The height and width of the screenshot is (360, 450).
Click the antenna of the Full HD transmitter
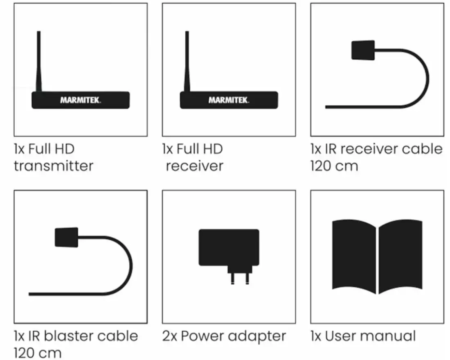tap(38, 61)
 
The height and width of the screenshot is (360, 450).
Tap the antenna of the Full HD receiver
tap(187, 61)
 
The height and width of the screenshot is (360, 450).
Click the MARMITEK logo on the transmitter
tap(80, 100)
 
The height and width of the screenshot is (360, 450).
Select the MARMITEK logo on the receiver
tap(229, 100)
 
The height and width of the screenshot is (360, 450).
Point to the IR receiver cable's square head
tap(363, 50)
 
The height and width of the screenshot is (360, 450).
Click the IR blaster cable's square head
tap(66, 237)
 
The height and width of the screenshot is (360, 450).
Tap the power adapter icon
tap(229, 248)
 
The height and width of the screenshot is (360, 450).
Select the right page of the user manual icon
tap(400, 256)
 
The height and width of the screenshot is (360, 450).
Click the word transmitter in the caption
tap(54, 166)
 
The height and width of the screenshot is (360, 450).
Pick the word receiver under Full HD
tap(195, 166)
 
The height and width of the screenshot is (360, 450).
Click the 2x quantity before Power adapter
tap(170, 336)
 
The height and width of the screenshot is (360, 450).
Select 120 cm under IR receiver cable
tap(334, 166)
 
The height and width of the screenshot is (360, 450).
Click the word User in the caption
tap(339, 336)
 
